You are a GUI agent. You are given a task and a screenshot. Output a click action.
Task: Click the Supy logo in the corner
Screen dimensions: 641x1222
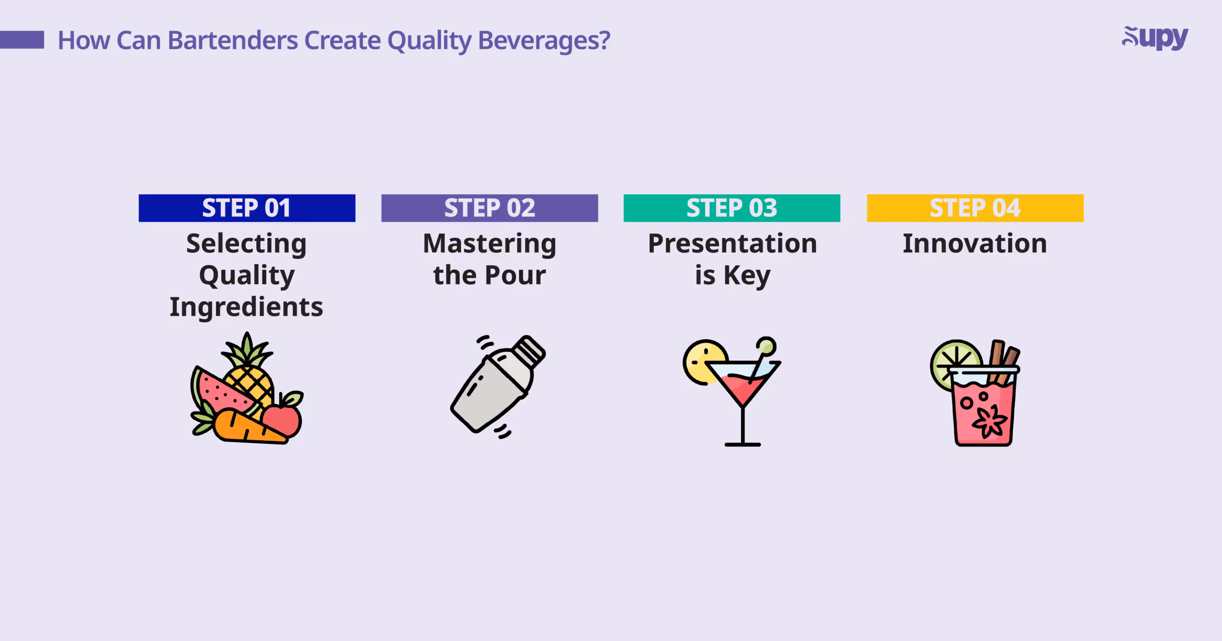point(1155,38)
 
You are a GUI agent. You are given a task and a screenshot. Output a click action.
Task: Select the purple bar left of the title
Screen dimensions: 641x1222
point(22,40)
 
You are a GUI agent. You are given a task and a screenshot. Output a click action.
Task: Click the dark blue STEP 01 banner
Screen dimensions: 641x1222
point(247,208)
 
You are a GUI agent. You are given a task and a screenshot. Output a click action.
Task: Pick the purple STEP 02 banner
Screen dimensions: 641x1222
point(489,208)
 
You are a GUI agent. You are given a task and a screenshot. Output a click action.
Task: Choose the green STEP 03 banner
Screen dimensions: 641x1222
point(732,208)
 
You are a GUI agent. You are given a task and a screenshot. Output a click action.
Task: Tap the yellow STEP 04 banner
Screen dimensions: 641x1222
point(975,208)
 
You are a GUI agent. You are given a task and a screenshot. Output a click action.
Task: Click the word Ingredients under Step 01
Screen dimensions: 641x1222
point(246,307)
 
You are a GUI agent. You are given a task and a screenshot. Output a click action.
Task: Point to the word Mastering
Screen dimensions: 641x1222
point(489,244)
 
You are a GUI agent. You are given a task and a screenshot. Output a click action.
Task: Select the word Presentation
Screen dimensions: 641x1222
point(732,244)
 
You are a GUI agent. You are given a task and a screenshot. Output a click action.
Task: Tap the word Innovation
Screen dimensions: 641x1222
point(975,244)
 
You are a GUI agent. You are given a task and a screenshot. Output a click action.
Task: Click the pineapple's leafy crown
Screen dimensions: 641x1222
point(247,351)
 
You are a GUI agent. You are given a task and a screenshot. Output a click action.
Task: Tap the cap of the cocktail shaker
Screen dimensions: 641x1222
point(529,352)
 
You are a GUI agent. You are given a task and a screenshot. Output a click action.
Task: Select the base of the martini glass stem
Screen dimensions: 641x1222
point(742,444)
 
